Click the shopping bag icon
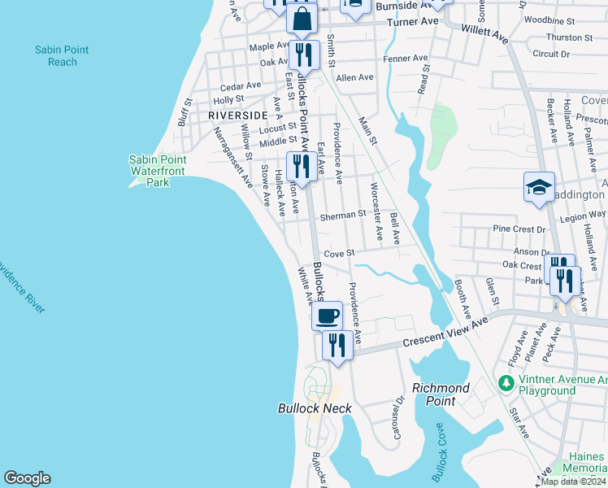click(x=302, y=20)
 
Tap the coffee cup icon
click(x=327, y=316)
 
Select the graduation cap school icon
click(x=539, y=188)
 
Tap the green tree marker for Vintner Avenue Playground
click(x=506, y=381)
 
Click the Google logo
click(x=27, y=478)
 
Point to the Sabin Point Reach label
click(x=62, y=56)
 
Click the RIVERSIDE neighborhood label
click(x=237, y=115)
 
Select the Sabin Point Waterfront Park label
click(x=157, y=171)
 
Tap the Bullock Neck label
click(x=315, y=407)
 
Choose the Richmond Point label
click(x=441, y=394)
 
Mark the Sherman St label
click(x=343, y=216)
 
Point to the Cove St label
click(x=340, y=253)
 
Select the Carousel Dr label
click(x=398, y=415)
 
